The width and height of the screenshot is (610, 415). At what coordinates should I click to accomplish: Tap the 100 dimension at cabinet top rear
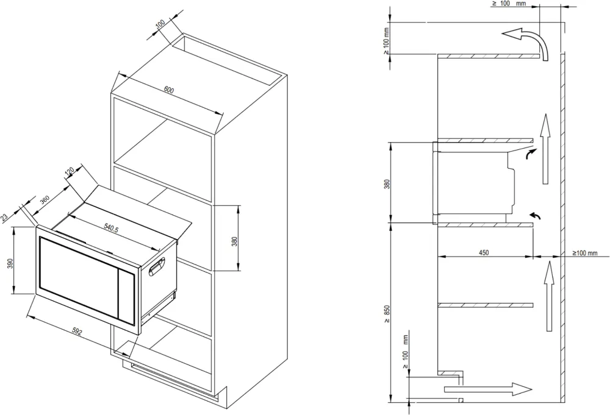160,24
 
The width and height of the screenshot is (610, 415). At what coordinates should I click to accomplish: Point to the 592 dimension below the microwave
77,332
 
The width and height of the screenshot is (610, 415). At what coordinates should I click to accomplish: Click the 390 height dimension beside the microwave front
9,264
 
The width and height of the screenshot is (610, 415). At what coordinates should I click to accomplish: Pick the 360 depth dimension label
45,200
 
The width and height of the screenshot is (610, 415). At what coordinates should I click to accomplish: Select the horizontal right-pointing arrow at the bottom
488,389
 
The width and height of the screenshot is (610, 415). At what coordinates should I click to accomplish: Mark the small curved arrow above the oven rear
528,155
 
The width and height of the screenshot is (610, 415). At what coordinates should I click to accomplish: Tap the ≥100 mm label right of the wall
589,252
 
